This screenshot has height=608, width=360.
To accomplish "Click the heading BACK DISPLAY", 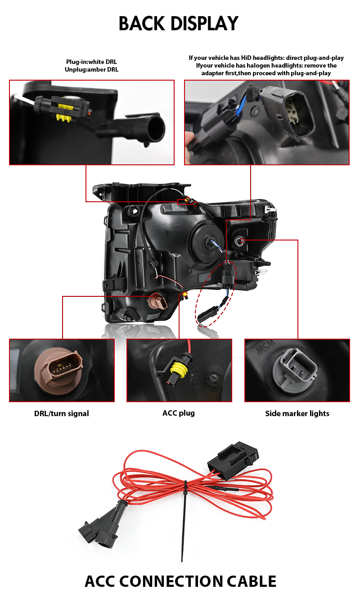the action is click(179, 23).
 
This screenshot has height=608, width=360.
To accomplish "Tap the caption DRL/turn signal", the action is click(62, 413).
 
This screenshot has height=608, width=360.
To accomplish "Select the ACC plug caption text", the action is click(179, 413).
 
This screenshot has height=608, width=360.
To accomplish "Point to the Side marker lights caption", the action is click(297, 413).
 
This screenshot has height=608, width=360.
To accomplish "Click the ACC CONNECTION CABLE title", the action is click(180, 581).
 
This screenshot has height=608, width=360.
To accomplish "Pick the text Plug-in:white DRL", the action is click(91, 62).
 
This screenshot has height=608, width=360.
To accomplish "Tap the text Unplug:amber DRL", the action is click(91, 69).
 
